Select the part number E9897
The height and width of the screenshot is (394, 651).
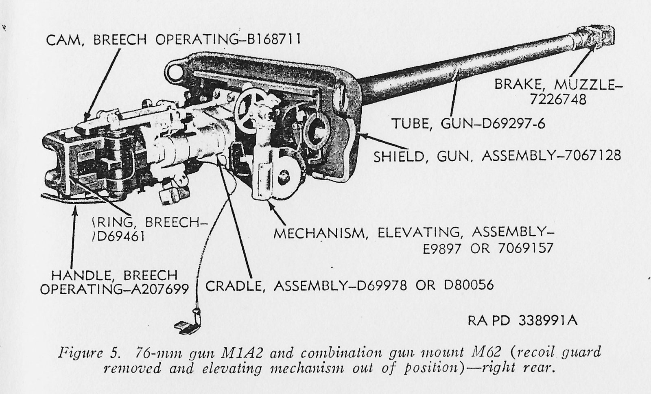(x=443, y=248)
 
